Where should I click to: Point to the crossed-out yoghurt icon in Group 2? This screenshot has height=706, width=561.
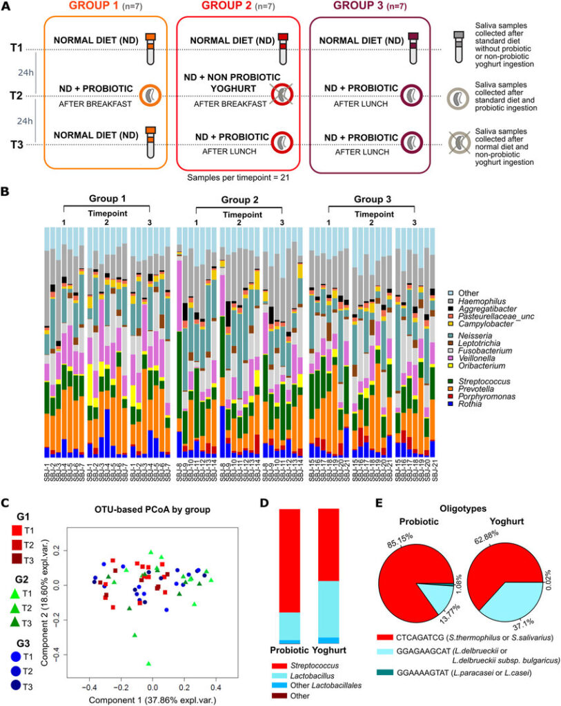tap(280, 95)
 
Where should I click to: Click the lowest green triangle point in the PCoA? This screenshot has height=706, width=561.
tap(148, 663)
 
